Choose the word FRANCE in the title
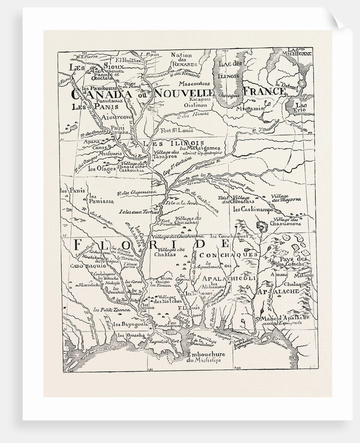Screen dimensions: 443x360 265,91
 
